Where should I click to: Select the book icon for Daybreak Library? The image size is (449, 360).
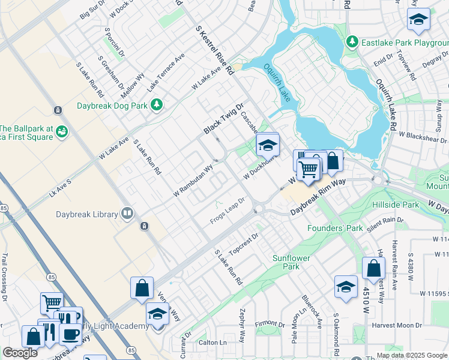(x=127, y=214)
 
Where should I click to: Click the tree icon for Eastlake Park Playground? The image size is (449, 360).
(x=352, y=43)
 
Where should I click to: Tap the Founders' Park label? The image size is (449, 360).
(x=335, y=228)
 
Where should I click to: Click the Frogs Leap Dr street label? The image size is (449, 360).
(x=228, y=210)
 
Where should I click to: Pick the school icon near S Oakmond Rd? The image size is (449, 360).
(x=346, y=287)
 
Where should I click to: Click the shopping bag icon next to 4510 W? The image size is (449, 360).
(x=373, y=268)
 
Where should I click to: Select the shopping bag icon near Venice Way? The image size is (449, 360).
(x=142, y=287)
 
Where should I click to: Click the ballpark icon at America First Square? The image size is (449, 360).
(x=60, y=136)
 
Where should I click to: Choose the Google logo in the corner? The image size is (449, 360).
(x=20, y=353)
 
